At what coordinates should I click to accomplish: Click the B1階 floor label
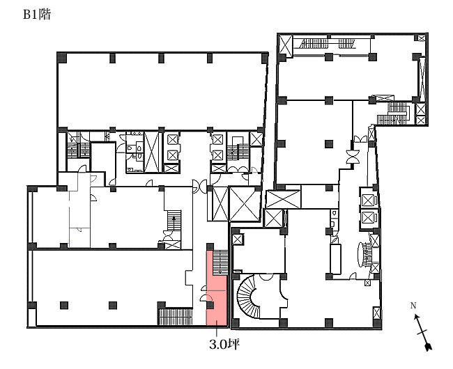[x=37, y=15]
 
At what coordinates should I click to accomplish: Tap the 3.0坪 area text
[x=224, y=344]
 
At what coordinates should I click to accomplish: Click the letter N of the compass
[x=413, y=305]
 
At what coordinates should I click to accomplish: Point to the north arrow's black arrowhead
[x=429, y=347]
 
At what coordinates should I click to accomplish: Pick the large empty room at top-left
[x=161, y=92]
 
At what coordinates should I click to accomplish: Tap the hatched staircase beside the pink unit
[x=221, y=262]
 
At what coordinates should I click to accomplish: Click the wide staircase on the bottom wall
[x=176, y=317]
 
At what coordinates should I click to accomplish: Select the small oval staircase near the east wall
[x=364, y=254]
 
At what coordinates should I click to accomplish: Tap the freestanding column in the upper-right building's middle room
[x=328, y=143]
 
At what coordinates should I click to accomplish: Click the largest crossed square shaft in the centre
[x=245, y=204]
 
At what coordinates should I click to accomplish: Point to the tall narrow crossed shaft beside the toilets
[x=151, y=152]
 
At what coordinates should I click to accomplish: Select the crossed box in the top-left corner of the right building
[x=286, y=45]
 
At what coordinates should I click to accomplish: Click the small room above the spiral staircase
[x=259, y=251]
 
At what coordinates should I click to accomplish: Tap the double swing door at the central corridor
[x=199, y=186]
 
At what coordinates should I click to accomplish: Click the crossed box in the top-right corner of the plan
[x=422, y=38]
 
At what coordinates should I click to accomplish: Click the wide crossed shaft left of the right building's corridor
[x=283, y=199]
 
